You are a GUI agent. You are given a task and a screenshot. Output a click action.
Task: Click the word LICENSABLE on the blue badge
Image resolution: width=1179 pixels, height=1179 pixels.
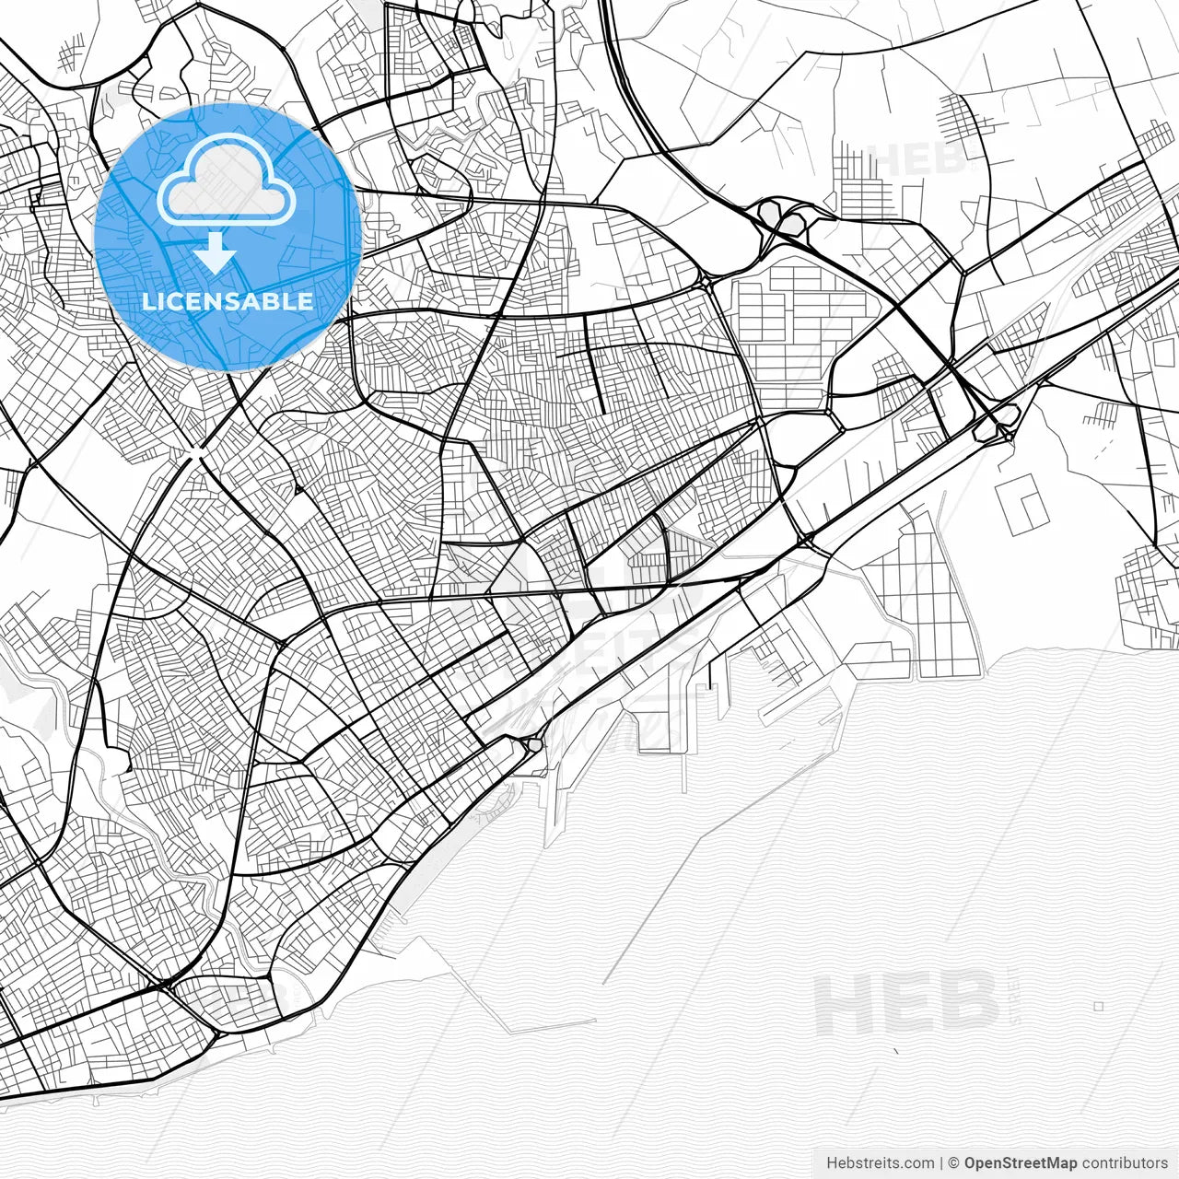point(228,301)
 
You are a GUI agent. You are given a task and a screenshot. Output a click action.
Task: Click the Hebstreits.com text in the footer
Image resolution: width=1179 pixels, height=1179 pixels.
point(881,1162)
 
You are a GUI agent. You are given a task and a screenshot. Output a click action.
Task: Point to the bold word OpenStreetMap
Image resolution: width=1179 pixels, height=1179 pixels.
point(1021,1162)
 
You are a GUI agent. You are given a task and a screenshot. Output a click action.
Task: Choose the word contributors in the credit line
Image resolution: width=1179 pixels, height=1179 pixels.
point(1125,1162)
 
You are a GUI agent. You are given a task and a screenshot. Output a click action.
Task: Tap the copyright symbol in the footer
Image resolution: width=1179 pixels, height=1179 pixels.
point(954,1162)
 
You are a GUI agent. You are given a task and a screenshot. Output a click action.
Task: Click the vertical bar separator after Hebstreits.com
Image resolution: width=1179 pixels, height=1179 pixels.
point(940,1162)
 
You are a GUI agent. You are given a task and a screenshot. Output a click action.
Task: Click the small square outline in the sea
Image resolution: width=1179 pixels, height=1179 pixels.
point(1098,1006)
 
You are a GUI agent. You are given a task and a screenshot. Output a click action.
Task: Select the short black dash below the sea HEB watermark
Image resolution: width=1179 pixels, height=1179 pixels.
point(895,1050)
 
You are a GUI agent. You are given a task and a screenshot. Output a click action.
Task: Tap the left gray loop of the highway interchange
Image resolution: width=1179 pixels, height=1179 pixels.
point(767,213)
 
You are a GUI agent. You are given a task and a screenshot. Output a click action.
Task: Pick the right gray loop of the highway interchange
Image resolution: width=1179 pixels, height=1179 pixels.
point(793,221)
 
